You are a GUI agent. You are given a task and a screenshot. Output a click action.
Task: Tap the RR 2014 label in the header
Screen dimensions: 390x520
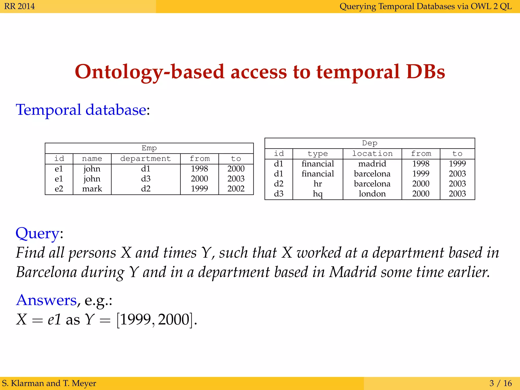(20, 6)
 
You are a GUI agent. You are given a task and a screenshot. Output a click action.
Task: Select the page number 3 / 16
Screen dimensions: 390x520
(500, 383)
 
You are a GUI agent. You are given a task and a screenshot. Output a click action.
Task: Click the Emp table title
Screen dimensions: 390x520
(149, 148)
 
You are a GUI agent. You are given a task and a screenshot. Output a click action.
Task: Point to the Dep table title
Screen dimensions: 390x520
(370, 143)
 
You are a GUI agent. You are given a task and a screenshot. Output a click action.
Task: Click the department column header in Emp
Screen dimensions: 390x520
(145, 159)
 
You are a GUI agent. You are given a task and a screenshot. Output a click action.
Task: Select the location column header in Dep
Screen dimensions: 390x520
(372, 154)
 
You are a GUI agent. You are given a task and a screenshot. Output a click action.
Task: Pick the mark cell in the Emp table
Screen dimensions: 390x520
(92, 189)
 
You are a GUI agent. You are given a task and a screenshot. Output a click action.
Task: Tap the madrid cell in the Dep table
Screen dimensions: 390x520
(372, 164)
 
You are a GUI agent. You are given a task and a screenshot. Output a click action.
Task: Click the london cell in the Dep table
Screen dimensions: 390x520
(372, 194)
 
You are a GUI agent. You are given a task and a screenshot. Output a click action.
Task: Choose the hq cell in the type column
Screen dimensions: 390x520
(318, 194)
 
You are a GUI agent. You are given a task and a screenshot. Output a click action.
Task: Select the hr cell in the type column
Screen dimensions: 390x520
(318, 184)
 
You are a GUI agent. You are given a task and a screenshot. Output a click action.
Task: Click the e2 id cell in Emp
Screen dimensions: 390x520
(59, 189)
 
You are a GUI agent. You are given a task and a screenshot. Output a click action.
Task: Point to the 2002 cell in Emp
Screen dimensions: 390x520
(236, 189)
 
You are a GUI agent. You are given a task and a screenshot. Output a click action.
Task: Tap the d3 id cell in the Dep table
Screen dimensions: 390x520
(279, 194)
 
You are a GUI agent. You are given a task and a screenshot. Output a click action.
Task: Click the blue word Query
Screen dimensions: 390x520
(37, 233)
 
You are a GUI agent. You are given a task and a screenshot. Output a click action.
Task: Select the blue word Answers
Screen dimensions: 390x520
(46, 300)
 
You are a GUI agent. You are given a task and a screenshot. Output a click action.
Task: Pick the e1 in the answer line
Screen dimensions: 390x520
(54, 319)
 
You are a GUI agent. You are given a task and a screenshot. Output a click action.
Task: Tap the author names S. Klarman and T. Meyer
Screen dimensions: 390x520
(49, 383)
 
